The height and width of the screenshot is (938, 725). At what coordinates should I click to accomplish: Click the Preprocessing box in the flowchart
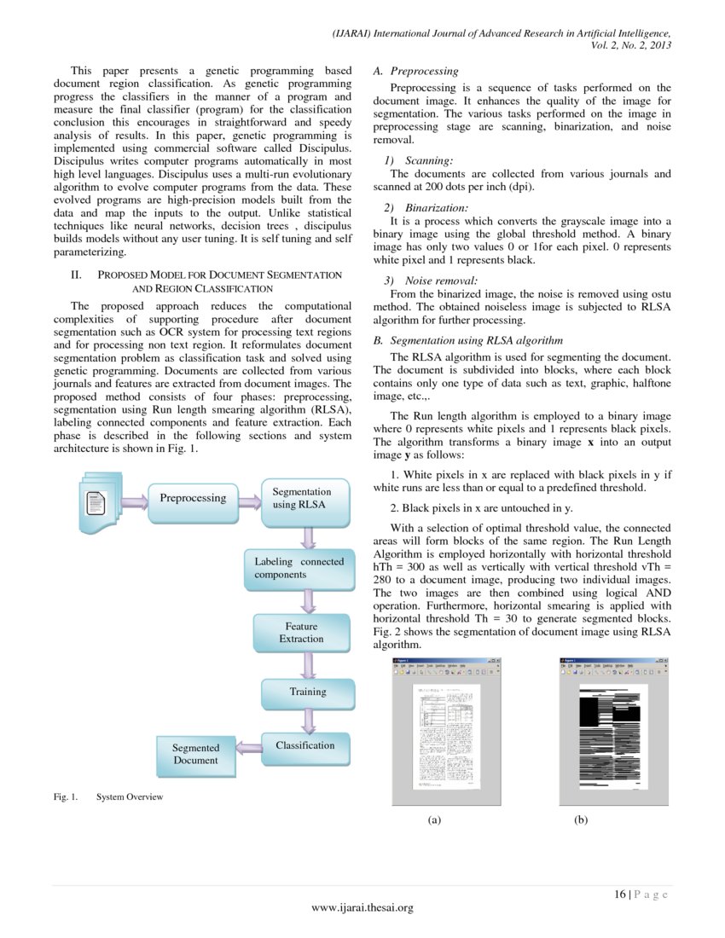click(x=193, y=498)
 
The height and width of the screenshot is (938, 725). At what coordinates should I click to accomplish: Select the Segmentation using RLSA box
click(x=303, y=499)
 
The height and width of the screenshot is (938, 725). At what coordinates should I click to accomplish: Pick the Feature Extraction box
click(x=303, y=633)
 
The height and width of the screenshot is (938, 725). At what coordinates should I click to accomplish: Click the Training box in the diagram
click(x=307, y=692)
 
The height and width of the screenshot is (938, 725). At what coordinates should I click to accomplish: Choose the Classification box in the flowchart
click(x=305, y=746)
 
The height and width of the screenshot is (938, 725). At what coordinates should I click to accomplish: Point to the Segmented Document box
click(x=196, y=754)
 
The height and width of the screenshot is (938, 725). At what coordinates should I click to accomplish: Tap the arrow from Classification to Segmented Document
click(x=249, y=748)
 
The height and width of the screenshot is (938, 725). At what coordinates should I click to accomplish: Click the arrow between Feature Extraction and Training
click(x=308, y=666)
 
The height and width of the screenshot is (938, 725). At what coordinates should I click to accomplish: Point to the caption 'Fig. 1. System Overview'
click(x=107, y=797)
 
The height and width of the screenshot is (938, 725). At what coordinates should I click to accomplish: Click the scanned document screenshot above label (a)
click(x=445, y=732)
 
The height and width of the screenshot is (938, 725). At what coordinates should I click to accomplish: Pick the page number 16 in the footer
click(x=620, y=894)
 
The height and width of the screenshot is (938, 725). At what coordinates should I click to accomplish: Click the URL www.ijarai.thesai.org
click(x=362, y=908)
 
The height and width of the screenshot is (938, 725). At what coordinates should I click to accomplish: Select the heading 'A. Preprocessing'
click(x=416, y=71)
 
